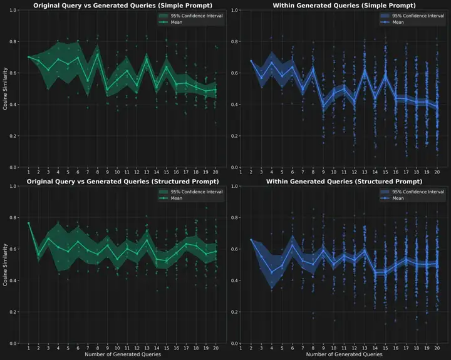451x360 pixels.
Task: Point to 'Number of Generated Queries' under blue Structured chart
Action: (343, 354)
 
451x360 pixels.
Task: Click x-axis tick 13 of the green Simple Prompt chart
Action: (147, 172)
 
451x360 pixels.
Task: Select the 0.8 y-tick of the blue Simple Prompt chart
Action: (235, 42)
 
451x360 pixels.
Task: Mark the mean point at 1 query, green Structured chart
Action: (29, 223)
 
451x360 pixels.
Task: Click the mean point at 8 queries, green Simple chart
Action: (97, 54)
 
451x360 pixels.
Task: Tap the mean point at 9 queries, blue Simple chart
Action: (323, 105)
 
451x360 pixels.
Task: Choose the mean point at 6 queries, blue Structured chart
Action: (293, 245)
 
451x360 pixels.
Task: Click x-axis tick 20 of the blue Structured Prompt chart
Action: (437, 347)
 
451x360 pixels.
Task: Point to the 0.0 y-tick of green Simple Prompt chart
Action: (13, 167)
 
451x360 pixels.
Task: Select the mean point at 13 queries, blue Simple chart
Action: (365, 71)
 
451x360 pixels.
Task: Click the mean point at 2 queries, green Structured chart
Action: (38, 255)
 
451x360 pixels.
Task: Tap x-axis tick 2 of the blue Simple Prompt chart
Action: (251, 172)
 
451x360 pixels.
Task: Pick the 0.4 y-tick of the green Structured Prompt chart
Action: (13, 280)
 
